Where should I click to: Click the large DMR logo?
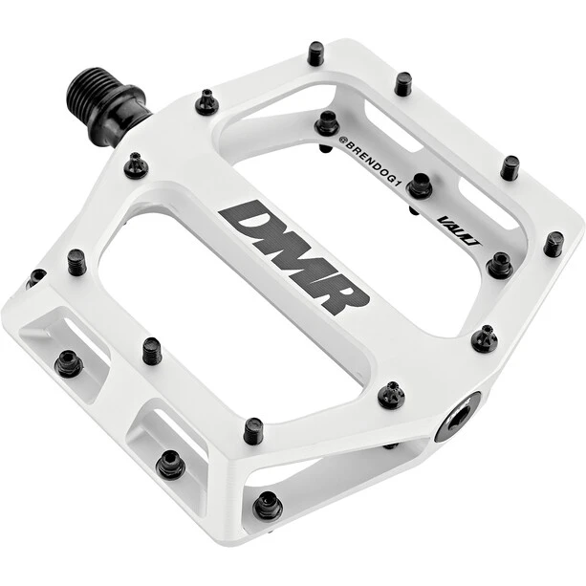click(294, 257)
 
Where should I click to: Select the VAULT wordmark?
click(459, 231)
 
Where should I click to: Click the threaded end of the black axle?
click(87, 90)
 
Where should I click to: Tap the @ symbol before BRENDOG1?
click(342, 140)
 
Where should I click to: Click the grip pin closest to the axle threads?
click(206, 101)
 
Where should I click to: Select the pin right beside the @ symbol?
click(327, 122)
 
